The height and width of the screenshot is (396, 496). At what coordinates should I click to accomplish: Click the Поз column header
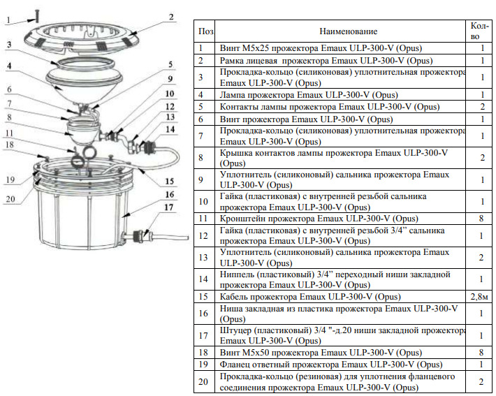205,31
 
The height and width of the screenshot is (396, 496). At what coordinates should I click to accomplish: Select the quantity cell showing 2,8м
481,296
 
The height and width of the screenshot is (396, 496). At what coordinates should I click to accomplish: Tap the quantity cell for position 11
481,219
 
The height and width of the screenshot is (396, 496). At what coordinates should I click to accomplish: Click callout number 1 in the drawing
8,20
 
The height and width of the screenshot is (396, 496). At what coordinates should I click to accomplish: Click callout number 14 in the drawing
170,129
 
